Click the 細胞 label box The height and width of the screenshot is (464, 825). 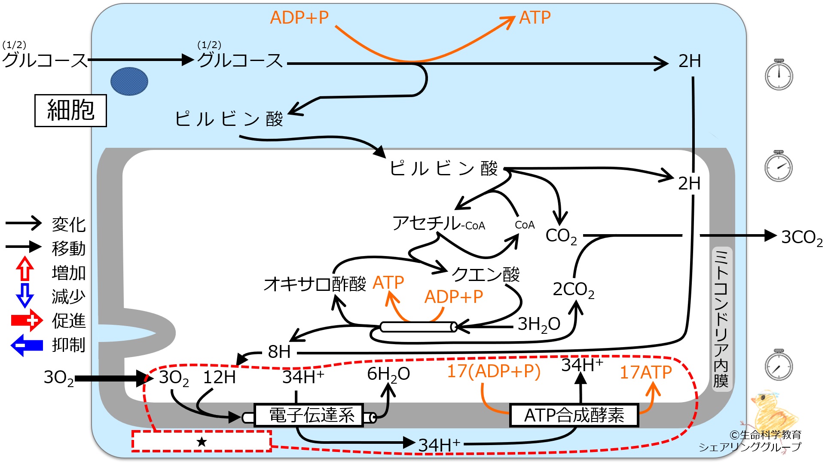click(70, 110)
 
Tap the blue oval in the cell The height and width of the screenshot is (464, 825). click(129, 81)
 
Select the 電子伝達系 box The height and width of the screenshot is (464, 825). click(309, 415)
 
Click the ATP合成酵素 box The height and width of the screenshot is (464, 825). click(574, 415)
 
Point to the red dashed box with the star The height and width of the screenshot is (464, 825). click(202, 441)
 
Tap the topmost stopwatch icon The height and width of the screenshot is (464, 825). click(779, 74)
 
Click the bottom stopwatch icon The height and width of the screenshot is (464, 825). click(779, 365)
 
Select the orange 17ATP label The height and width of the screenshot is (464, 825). click(645, 372)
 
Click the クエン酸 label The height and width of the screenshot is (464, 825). click(486, 274)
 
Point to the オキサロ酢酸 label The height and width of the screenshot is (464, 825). click(315, 284)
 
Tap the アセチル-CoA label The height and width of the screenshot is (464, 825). click(439, 223)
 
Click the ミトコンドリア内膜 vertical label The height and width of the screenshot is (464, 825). click(721, 318)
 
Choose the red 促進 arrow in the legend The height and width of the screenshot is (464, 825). click(27, 321)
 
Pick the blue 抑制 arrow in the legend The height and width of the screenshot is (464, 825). click(27, 345)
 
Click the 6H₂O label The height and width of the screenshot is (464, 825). click(388, 375)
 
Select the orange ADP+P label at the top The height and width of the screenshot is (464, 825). click(299, 18)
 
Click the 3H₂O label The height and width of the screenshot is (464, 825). click(539, 324)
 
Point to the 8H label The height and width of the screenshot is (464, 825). click(279, 352)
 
